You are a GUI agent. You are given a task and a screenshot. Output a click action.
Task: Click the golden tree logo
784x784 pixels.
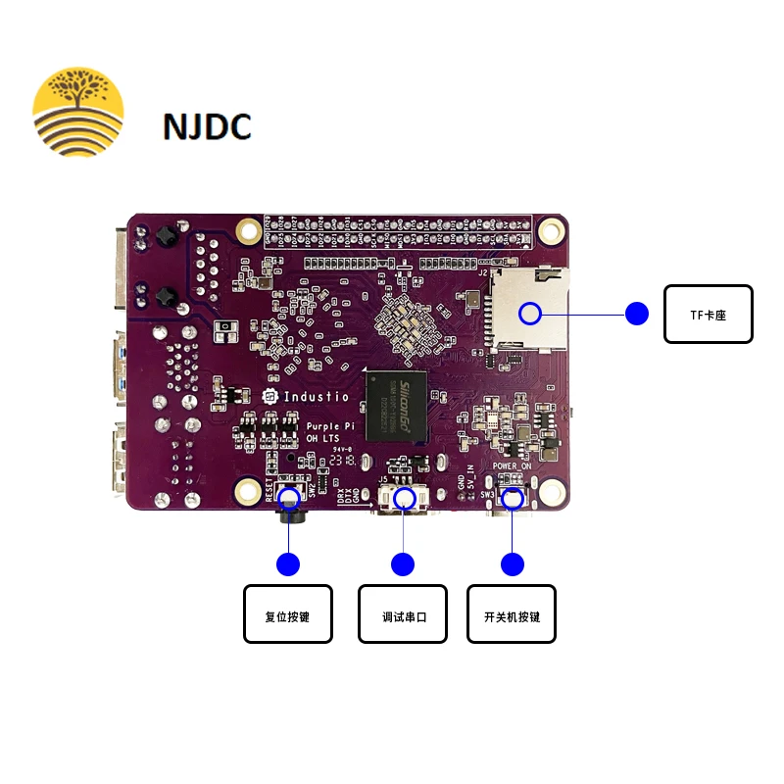(78, 111)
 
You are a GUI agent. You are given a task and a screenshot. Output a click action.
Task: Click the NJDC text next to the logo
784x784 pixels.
(207, 126)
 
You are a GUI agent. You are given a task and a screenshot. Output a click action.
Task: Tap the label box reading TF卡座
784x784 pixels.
(708, 314)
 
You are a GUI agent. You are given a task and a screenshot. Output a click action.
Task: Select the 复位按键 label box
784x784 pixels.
(288, 613)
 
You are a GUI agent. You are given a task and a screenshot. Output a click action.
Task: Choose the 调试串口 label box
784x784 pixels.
(403, 613)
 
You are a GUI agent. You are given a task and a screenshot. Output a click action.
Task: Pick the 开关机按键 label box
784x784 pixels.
(512, 613)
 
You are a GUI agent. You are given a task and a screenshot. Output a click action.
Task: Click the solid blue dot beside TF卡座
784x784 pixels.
(637, 314)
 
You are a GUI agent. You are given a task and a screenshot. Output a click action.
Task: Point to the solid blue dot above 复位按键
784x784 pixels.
(288, 564)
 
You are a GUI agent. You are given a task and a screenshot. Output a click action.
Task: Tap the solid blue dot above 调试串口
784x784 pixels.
(403, 564)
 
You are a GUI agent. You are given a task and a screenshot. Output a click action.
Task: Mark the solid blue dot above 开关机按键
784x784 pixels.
(512, 564)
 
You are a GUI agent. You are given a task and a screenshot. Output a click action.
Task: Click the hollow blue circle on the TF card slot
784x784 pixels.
(530, 314)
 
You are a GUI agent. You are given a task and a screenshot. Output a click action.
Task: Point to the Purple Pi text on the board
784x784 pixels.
(330, 427)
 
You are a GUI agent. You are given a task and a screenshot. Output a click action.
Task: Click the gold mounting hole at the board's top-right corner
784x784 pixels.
(552, 230)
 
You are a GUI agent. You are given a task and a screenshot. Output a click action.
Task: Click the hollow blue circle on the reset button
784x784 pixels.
(288, 498)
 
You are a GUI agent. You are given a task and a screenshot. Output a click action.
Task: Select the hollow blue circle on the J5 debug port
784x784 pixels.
(403, 498)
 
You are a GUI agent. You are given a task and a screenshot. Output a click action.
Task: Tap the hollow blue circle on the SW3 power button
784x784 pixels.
(512, 498)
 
